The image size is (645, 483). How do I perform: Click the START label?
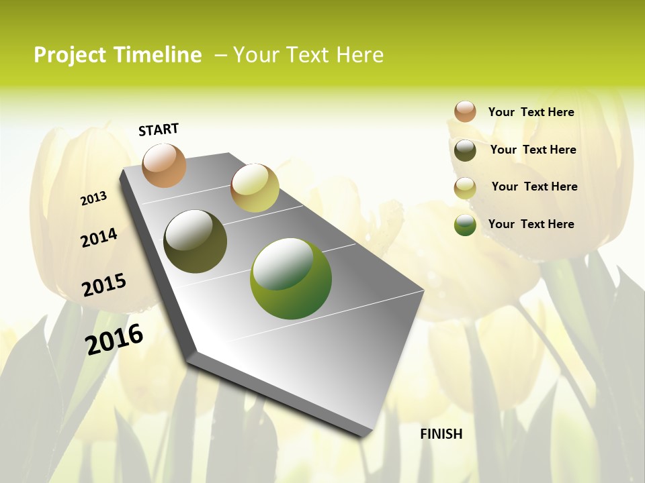click(x=159, y=129)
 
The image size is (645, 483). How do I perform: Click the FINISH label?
click(x=441, y=434)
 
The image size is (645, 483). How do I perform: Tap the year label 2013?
click(x=93, y=199)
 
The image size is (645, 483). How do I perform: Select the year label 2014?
click(x=99, y=238)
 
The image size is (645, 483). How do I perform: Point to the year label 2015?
click(x=104, y=285)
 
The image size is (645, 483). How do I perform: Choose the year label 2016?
click(x=114, y=339)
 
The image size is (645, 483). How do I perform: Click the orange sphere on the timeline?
click(x=164, y=165)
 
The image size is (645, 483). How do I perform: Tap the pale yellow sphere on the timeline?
click(x=255, y=188)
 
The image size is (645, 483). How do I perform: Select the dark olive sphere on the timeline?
click(x=196, y=241)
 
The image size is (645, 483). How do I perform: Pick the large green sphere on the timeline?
click(x=291, y=278)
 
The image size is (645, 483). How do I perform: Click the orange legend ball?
click(x=465, y=111)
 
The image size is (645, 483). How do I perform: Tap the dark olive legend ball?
click(x=465, y=150)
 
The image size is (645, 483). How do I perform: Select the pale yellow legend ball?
click(x=465, y=188)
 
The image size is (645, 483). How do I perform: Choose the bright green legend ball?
click(x=465, y=225)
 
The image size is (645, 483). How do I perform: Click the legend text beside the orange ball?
click(x=531, y=112)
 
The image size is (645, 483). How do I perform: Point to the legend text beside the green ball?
click(x=531, y=224)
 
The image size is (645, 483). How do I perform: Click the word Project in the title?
click(x=69, y=55)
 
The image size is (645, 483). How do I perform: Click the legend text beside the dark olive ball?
click(x=533, y=150)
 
